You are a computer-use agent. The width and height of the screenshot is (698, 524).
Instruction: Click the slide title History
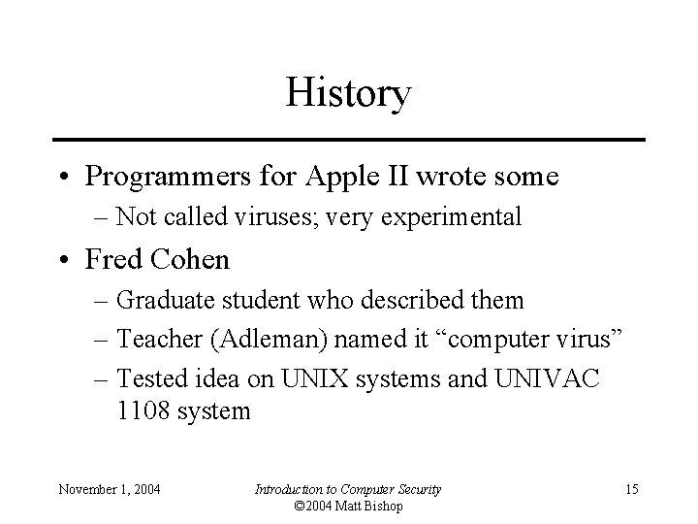pos(349,94)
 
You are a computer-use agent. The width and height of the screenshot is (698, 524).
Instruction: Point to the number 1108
pos(143,411)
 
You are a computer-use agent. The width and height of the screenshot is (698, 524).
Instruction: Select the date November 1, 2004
pos(110,489)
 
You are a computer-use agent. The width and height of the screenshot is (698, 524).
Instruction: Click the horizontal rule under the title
pos(349,140)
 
